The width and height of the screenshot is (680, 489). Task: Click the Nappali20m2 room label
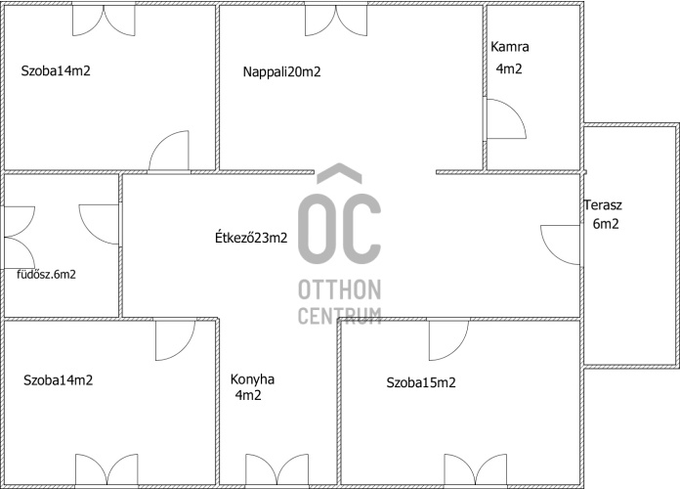click(281, 71)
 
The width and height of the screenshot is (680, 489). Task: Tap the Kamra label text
click(510, 47)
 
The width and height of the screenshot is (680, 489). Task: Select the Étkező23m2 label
click(251, 237)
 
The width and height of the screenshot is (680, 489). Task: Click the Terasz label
click(603, 205)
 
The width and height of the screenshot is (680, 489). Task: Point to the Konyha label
click(252, 379)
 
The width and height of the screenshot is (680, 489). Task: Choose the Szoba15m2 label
click(421, 382)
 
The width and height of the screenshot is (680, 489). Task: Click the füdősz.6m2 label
click(46, 275)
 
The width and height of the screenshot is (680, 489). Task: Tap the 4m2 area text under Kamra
click(509, 68)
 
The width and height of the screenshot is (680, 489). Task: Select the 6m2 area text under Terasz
click(606, 223)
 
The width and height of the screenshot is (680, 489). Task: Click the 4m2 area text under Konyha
click(248, 396)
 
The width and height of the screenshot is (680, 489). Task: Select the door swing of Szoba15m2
click(446, 338)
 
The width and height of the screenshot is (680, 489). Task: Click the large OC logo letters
click(339, 226)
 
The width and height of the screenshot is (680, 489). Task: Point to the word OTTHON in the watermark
click(339, 290)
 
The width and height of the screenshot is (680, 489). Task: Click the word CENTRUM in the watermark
click(339, 315)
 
